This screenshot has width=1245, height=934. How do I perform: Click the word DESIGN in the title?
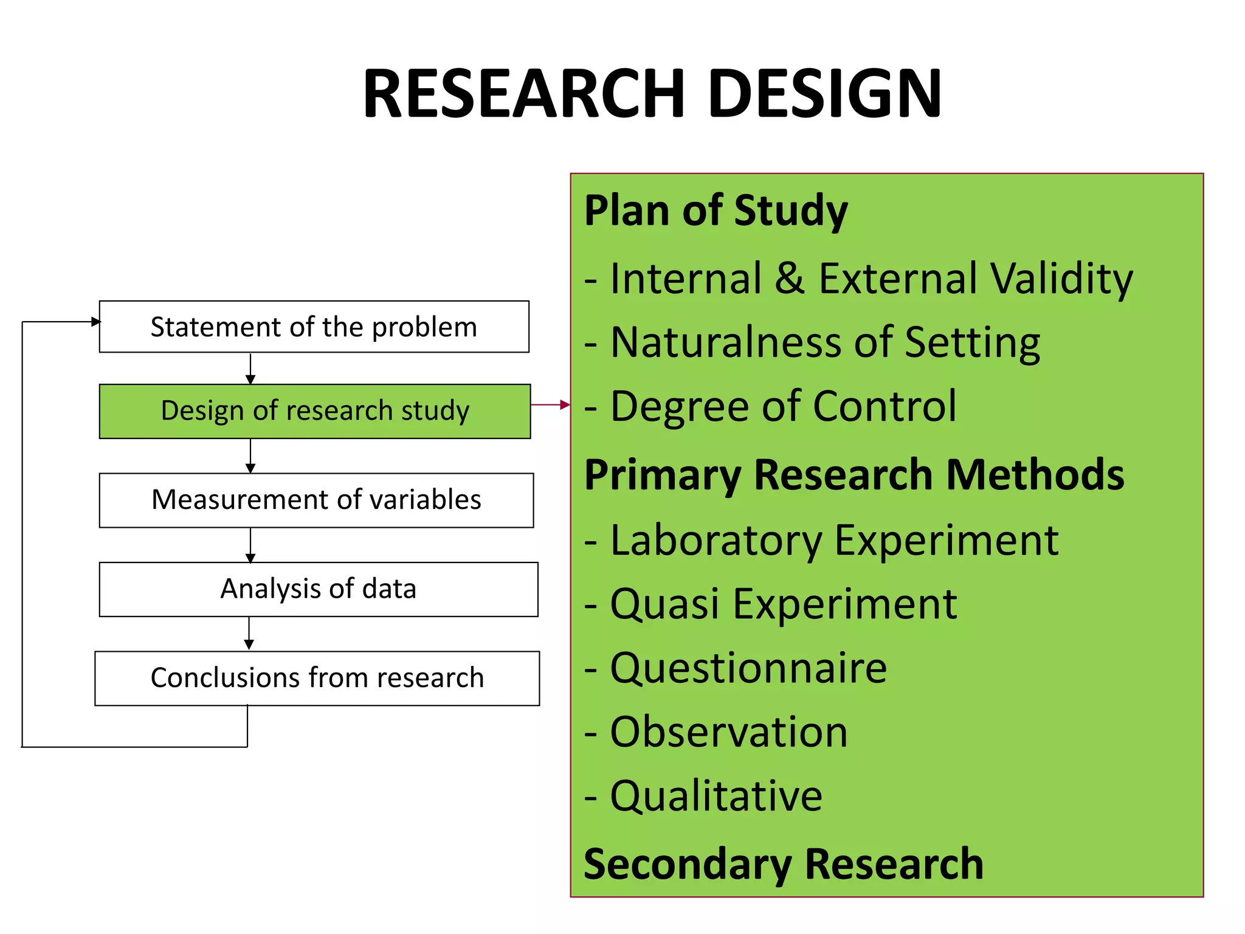click(x=825, y=94)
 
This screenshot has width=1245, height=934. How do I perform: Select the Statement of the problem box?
click(x=314, y=327)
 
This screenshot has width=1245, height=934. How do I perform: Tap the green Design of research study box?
click(x=315, y=411)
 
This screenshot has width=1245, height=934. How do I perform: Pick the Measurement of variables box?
click(x=316, y=500)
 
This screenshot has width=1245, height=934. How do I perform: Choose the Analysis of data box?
click(x=319, y=589)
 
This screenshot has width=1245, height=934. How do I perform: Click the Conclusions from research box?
click(x=317, y=678)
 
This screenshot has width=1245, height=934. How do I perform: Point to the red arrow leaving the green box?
click(x=550, y=404)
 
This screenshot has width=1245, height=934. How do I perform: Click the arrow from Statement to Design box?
click(x=250, y=368)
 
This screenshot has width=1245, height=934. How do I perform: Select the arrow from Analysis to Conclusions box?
click(x=249, y=634)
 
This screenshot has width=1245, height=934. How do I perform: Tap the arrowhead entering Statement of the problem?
click(x=95, y=322)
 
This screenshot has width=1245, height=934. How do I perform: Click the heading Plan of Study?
click(x=716, y=211)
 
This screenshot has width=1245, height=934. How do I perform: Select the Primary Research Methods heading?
click(x=854, y=475)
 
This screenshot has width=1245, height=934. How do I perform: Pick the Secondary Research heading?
click(x=783, y=864)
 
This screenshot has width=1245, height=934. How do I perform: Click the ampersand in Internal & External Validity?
click(x=790, y=278)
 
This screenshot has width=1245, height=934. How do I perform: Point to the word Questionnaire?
click(x=748, y=668)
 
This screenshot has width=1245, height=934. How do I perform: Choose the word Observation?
click(x=729, y=732)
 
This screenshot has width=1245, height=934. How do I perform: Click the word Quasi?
click(x=664, y=605)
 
